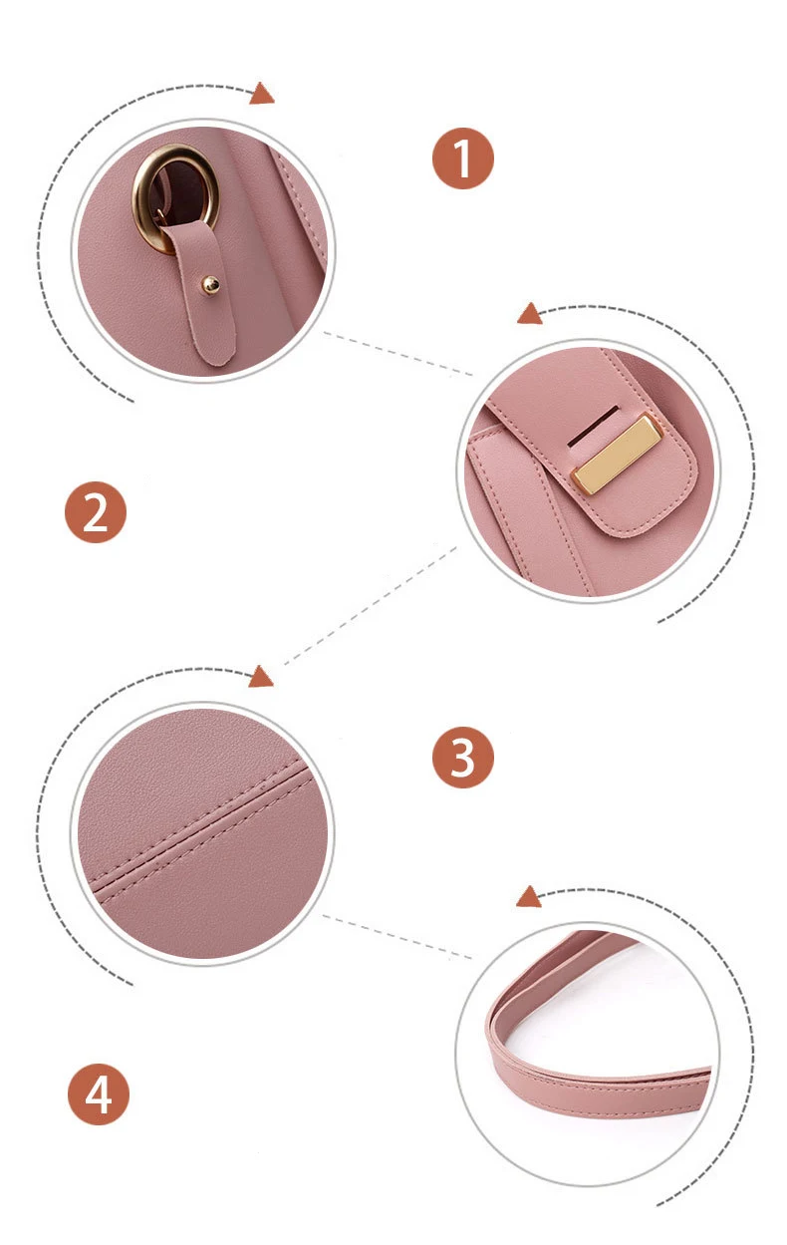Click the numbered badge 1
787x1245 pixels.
[x=462, y=158]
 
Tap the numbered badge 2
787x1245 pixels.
[x=96, y=512]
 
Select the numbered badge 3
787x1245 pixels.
[x=462, y=757]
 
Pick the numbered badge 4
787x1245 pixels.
[x=99, y=1094]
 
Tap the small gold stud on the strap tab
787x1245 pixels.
[x=210, y=286]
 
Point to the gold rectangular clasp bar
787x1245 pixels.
[x=617, y=455]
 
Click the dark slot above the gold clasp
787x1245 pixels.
[x=593, y=426]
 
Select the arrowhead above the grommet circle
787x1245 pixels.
[x=261, y=94]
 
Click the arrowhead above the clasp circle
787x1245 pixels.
[x=529, y=314]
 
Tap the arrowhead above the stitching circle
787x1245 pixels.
[x=260, y=677]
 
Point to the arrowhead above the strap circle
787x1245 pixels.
[x=528, y=897]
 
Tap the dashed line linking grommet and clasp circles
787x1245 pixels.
[x=397, y=354]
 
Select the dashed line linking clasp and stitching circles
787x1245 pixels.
[x=371, y=606]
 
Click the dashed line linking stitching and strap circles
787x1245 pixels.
[x=397, y=937]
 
